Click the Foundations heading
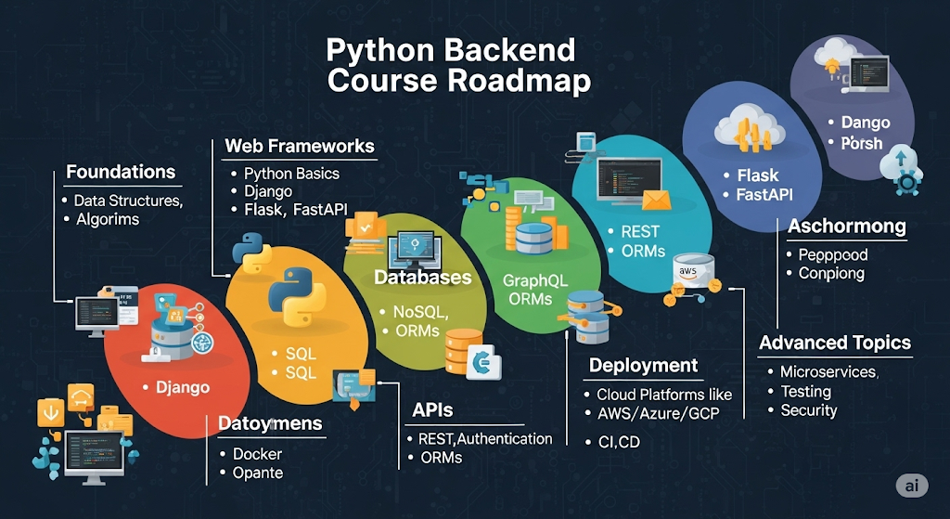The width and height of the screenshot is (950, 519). (x=121, y=172)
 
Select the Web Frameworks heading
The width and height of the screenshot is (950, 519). (x=300, y=146)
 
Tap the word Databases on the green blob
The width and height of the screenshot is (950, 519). (x=422, y=278)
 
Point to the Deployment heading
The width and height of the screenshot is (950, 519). (x=643, y=365)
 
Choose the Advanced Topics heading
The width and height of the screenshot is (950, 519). (x=835, y=343)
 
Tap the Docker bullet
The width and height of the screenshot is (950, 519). (x=257, y=454)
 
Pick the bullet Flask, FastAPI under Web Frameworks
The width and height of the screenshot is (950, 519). (x=295, y=210)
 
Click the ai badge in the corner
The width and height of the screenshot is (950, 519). (x=913, y=487)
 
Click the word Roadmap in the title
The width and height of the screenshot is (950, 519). (x=519, y=81)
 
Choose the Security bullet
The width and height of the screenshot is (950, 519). (x=809, y=410)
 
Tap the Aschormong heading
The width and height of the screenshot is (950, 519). (x=846, y=227)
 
